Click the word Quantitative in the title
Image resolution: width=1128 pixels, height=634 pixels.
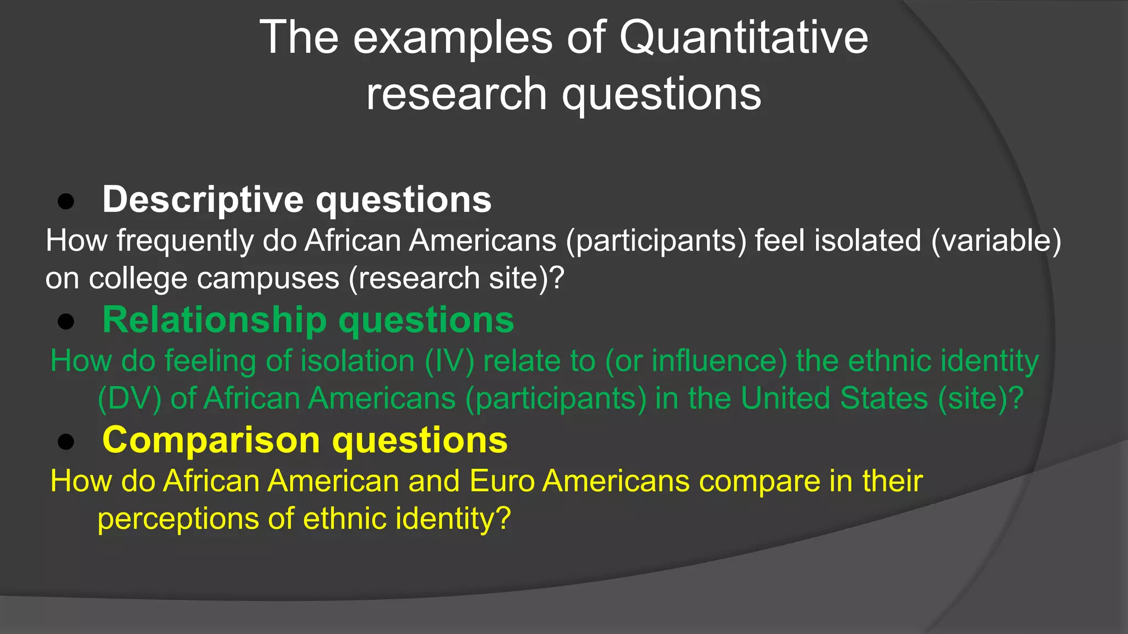click(x=744, y=37)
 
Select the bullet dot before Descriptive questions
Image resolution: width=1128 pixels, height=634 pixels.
click(x=66, y=202)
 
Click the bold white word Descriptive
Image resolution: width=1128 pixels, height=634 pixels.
click(x=203, y=200)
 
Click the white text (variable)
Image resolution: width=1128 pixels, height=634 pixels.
click(x=996, y=241)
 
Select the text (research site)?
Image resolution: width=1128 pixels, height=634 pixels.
click(x=457, y=278)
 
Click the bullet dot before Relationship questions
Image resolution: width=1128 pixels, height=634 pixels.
click(x=66, y=322)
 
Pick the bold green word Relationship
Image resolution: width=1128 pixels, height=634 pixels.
click(x=215, y=320)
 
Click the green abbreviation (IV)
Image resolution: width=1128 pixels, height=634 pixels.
click(x=449, y=362)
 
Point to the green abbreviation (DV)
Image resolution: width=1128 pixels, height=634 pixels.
click(x=129, y=398)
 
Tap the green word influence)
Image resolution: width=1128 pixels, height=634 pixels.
click(x=719, y=362)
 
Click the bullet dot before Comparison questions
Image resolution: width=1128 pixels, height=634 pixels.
click(x=66, y=442)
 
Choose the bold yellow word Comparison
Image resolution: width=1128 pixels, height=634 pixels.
click(x=211, y=441)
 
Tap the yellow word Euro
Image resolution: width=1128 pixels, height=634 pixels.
click(x=502, y=482)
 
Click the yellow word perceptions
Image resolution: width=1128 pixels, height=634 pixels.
click(x=178, y=519)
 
